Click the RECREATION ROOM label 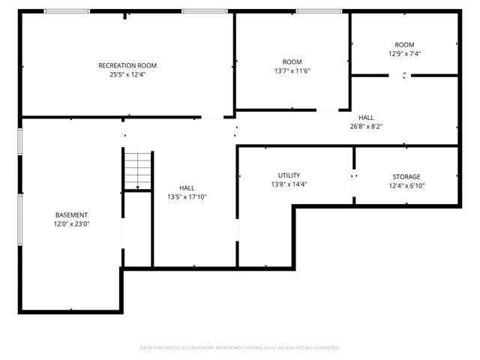[x=127, y=65]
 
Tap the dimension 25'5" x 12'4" [x=127, y=74]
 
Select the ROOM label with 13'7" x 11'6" [x=292, y=61]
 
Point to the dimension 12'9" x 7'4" [x=404, y=53]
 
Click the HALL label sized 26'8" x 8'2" [x=366, y=118]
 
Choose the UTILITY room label [x=289, y=175]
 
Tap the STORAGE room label [x=405, y=177]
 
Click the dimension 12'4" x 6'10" [x=405, y=186]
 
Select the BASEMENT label [x=71, y=214]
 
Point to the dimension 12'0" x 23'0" [x=71, y=223]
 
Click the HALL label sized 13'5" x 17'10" [x=187, y=187]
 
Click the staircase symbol [x=138, y=169]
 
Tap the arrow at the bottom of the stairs [x=138, y=187]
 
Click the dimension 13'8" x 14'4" [x=289, y=184]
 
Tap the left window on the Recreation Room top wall [x=67, y=11]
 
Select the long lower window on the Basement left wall [x=20, y=218]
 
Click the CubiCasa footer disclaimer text [x=240, y=348]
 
